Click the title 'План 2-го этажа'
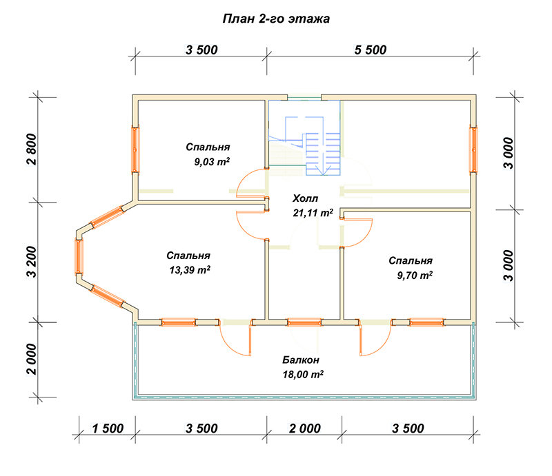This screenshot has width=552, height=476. (276, 19)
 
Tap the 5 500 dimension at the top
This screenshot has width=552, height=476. (371, 50)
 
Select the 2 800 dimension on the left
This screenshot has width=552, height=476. (32, 149)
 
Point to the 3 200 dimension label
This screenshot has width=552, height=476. (32, 262)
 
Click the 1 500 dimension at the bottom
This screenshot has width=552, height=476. (108, 428)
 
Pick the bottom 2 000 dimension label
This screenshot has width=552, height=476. (305, 428)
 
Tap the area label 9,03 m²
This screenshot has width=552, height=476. (212, 162)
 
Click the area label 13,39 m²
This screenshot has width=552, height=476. (190, 270)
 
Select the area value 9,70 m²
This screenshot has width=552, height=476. (415, 275)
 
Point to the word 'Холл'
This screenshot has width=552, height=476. (305, 198)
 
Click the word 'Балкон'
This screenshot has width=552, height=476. (301, 360)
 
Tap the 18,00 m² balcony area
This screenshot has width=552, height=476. (303, 375)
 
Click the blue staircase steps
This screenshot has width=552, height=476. (323, 154)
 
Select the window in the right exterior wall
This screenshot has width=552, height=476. (473, 149)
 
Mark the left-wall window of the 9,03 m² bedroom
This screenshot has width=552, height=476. (135, 149)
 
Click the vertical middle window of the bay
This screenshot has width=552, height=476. (79, 257)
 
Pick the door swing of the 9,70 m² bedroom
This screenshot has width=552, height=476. (358, 233)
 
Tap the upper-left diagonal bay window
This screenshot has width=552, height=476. (107, 217)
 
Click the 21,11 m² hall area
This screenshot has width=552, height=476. (313, 213)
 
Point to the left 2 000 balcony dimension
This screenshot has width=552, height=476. (32, 360)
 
